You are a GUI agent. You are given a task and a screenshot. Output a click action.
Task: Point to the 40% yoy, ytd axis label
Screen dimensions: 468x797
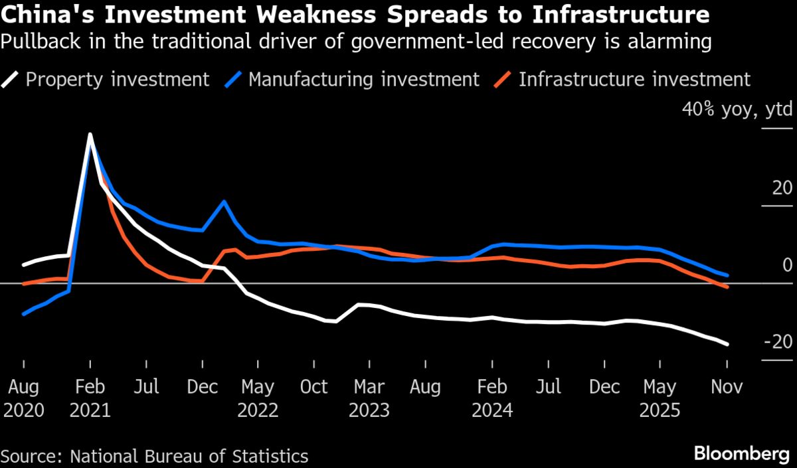[x=737, y=109]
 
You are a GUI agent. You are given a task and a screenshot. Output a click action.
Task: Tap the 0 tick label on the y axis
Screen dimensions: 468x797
[x=787, y=265]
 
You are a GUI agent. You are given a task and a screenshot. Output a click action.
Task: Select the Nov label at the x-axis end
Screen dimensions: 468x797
[x=726, y=387]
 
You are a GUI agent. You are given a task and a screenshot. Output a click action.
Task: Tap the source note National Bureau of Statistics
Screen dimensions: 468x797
[x=189, y=456]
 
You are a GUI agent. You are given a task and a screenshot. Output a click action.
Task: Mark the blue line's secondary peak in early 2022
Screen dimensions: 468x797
[x=224, y=201]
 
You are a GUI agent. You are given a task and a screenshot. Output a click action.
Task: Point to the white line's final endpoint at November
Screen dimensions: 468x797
[x=728, y=344]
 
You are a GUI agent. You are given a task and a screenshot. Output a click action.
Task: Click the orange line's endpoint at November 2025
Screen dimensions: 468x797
[x=728, y=287]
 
